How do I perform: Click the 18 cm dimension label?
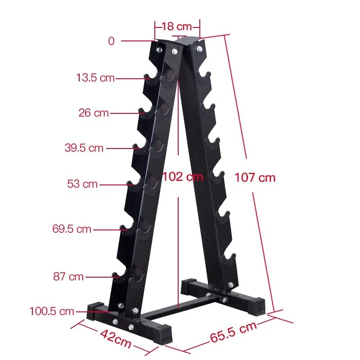177,27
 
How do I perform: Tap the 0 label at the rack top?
111,41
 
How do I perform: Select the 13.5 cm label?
95,77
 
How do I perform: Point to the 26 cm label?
94,113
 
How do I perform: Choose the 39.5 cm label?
84,148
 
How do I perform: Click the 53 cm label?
82,184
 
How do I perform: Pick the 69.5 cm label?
72,229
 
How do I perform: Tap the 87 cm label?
68,276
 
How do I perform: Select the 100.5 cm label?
52,311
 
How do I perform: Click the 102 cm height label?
183,177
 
